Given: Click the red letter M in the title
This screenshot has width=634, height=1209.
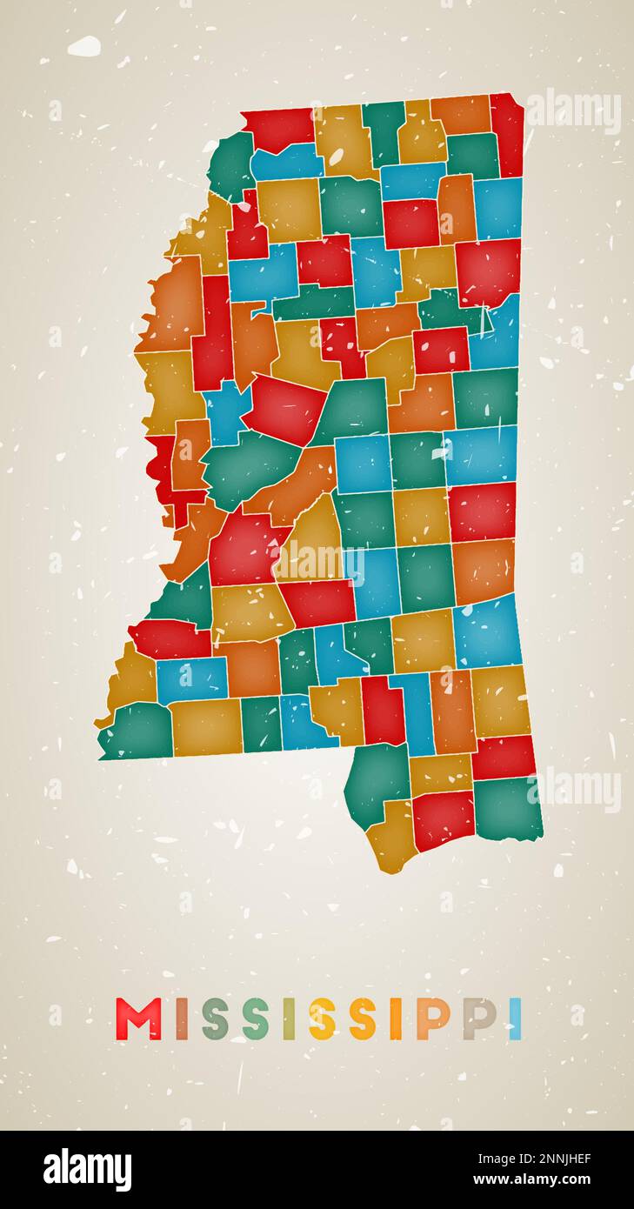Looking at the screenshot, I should click(138, 1019).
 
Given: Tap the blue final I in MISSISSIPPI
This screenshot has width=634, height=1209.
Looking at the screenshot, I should click(515, 1019).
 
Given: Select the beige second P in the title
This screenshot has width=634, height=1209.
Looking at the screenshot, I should click(478, 1019).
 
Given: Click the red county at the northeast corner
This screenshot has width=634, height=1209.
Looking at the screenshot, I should click(507, 133).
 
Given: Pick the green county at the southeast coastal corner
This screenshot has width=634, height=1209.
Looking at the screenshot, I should click(507, 808).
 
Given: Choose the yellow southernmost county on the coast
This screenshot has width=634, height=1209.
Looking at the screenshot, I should click(390, 838).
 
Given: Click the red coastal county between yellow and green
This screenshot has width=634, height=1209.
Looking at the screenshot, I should click(443, 819).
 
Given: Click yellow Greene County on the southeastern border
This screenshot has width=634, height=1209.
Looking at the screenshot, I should click(499, 700).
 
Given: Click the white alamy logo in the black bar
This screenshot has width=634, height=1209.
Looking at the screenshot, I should click(87, 1170).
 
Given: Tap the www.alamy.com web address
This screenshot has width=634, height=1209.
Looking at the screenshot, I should click(535, 1180).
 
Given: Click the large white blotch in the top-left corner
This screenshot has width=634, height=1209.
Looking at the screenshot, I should click(83, 46).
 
